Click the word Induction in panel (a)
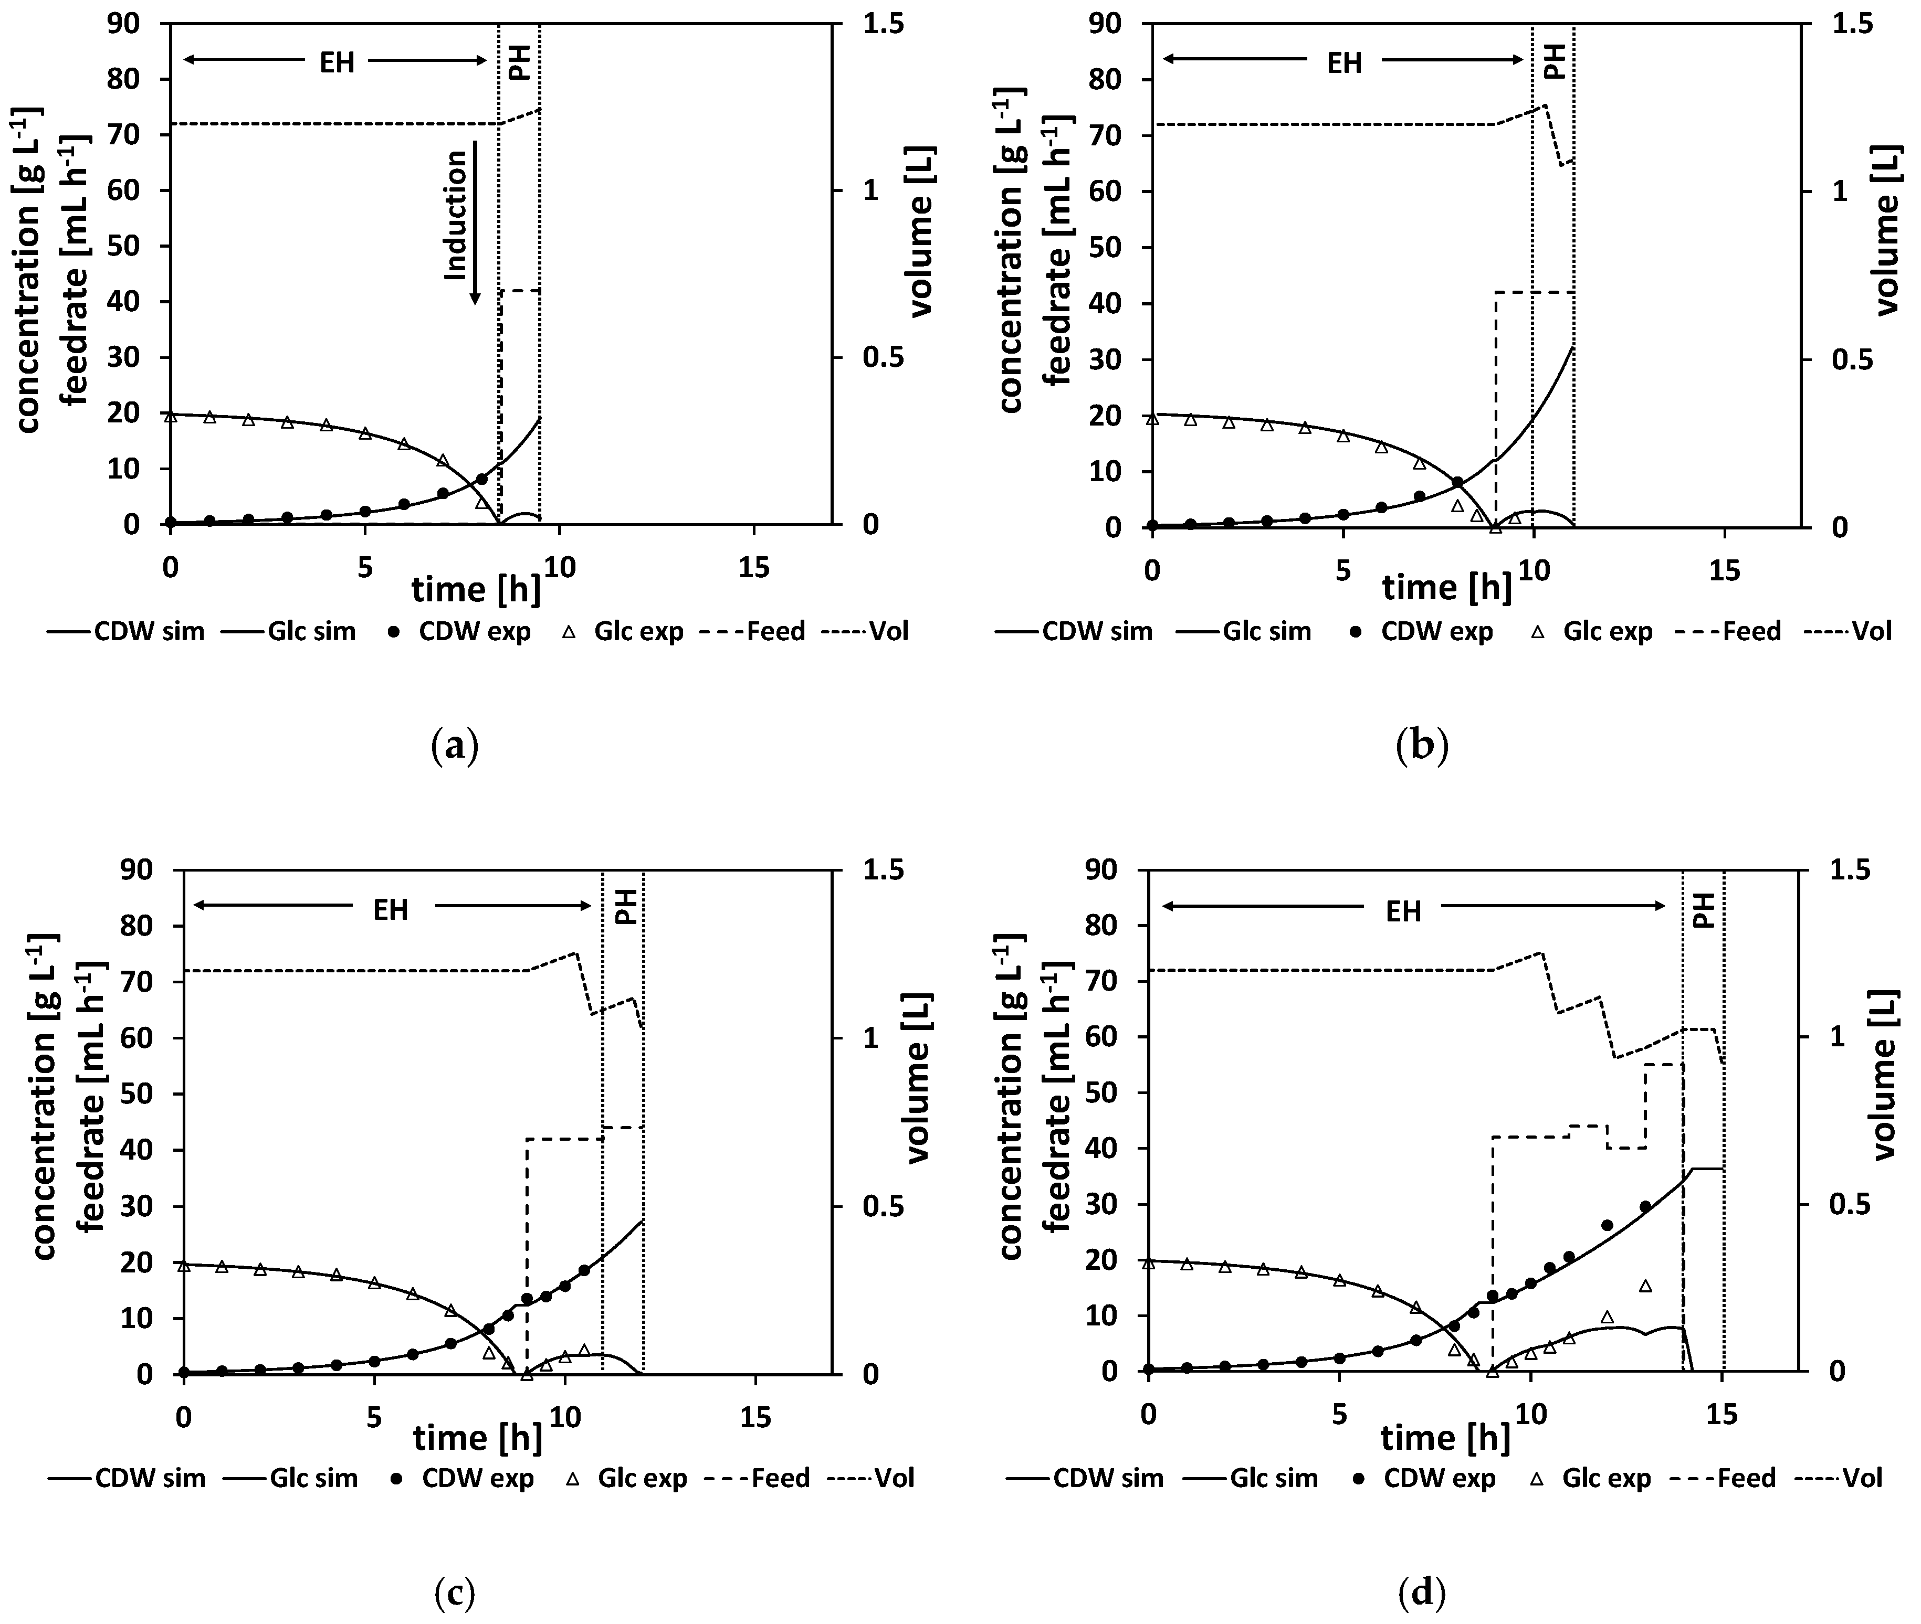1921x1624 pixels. pyautogui.click(x=456, y=216)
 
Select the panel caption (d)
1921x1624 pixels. pyautogui.click(x=1422, y=1593)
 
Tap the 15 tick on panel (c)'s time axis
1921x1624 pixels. pyautogui.click(x=755, y=1393)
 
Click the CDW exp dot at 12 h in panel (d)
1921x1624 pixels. pyautogui.click(x=1607, y=1225)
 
